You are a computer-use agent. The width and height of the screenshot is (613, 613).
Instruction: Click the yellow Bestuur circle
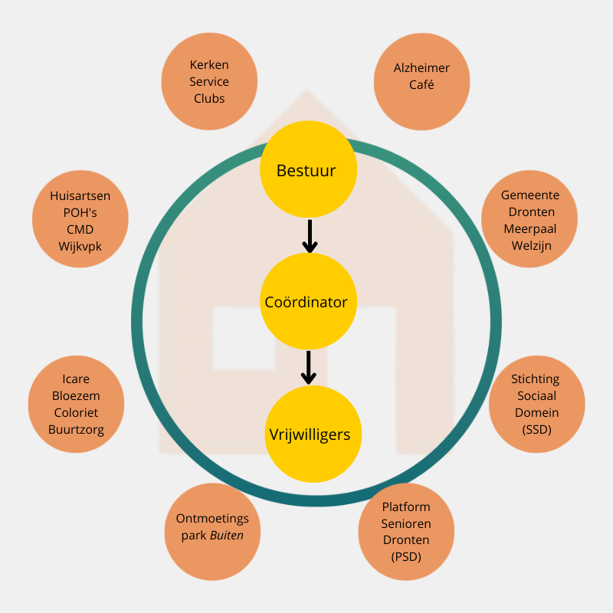pos(308,170)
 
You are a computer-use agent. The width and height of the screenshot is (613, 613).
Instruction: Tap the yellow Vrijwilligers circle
pos(310,434)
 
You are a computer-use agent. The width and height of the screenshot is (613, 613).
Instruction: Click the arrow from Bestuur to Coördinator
pos(309,237)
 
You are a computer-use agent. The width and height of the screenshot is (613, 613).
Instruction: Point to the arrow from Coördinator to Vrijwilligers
pos(309,368)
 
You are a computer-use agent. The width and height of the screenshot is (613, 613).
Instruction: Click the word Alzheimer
pos(421,68)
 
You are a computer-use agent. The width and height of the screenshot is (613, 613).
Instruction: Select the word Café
pos(421,84)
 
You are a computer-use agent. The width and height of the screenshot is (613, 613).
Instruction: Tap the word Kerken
pos(209,65)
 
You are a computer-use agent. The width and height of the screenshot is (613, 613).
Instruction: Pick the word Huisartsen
pos(80,196)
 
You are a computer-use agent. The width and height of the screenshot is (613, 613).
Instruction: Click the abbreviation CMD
pos(80,230)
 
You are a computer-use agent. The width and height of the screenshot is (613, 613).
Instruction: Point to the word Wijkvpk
pos(80,247)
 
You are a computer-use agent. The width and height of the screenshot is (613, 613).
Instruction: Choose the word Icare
pos(76,379)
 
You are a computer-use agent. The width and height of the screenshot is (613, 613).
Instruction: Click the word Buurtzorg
pos(76,430)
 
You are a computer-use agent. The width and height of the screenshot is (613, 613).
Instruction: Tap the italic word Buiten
pos(227,536)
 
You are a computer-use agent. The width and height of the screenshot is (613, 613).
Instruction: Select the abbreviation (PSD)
pos(406,557)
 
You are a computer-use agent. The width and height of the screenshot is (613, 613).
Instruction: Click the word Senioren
pos(406,523)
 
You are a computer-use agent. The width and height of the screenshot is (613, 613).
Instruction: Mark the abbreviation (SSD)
pos(537,429)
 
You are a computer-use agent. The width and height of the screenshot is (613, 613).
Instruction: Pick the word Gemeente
pos(530,195)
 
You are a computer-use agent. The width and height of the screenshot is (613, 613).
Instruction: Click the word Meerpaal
pos(530,229)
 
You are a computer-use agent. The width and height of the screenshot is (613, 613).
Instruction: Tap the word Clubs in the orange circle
pos(209,99)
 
